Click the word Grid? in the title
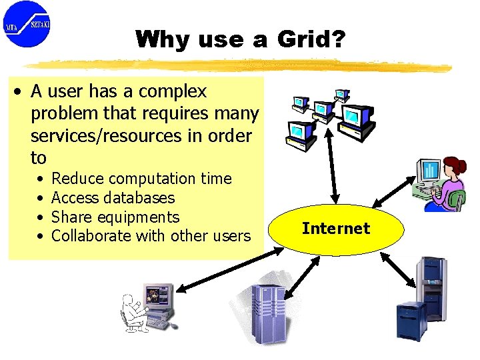311,39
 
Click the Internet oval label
335,229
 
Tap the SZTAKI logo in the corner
27,24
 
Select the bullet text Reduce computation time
141,179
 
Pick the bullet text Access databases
113,198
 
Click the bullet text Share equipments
115,217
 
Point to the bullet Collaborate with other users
151,236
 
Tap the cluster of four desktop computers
329,117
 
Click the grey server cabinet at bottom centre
268,312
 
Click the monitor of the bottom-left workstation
158,295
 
